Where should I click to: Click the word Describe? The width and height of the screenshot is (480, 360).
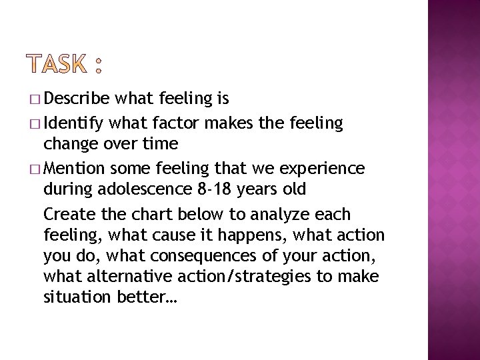click(x=77, y=99)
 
